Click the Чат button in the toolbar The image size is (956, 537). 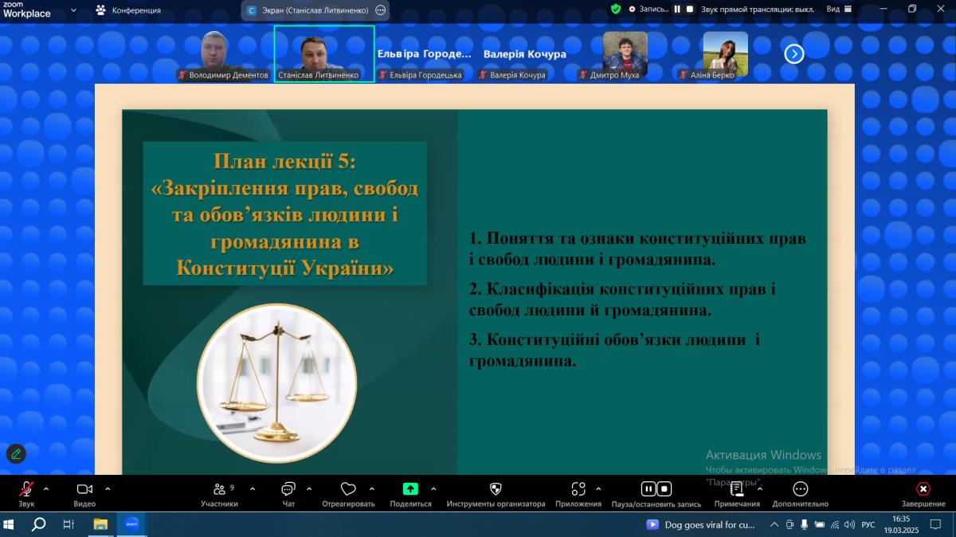[288, 489]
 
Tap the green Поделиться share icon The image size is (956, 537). [410, 489]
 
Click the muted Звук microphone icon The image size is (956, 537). [26, 489]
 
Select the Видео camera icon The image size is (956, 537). [84, 489]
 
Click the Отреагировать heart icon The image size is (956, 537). [348, 489]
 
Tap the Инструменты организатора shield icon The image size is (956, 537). [496, 489]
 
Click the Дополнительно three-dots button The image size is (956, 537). [800, 489]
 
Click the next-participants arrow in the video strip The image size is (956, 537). [793, 54]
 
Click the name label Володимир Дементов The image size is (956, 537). [229, 75]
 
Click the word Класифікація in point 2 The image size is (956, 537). [540, 289]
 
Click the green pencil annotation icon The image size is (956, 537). [16, 454]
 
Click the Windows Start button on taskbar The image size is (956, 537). [9, 524]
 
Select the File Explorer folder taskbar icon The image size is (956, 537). [100, 524]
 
